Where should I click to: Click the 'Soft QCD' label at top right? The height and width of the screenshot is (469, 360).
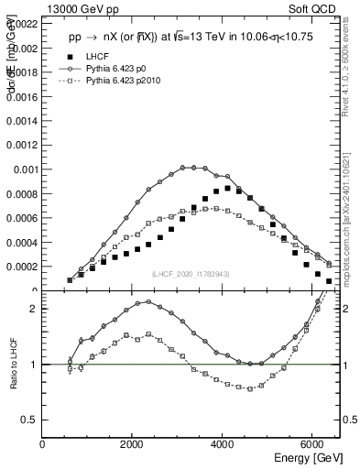pos(307,8)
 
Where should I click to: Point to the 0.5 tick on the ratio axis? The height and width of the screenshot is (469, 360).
pos(31,420)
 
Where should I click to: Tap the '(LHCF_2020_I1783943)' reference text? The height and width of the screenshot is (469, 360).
pos(190,275)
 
